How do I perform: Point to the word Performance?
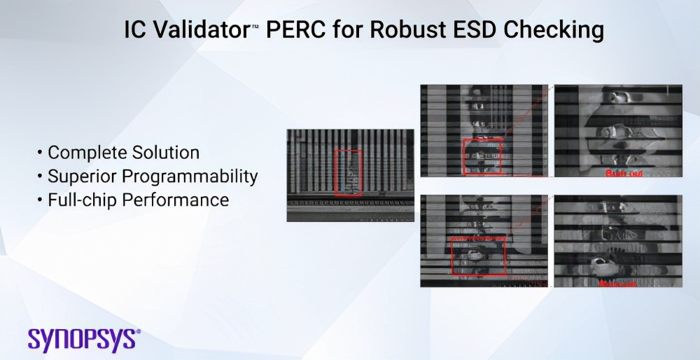pyautogui.click(x=176, y=200)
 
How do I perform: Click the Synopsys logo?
pyautogui.click(x=84, y=338)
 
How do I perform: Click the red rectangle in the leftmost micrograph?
pyautogui.click(x=349, y=172)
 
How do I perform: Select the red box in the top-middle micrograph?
pyautogui.click(x=482, y=155)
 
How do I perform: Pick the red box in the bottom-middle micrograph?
pyautogui.click(x=478, y=256)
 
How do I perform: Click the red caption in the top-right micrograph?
pyautogui.click(x=624, y=172)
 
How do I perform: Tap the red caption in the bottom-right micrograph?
pyautogui.click(x=617, y=284)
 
